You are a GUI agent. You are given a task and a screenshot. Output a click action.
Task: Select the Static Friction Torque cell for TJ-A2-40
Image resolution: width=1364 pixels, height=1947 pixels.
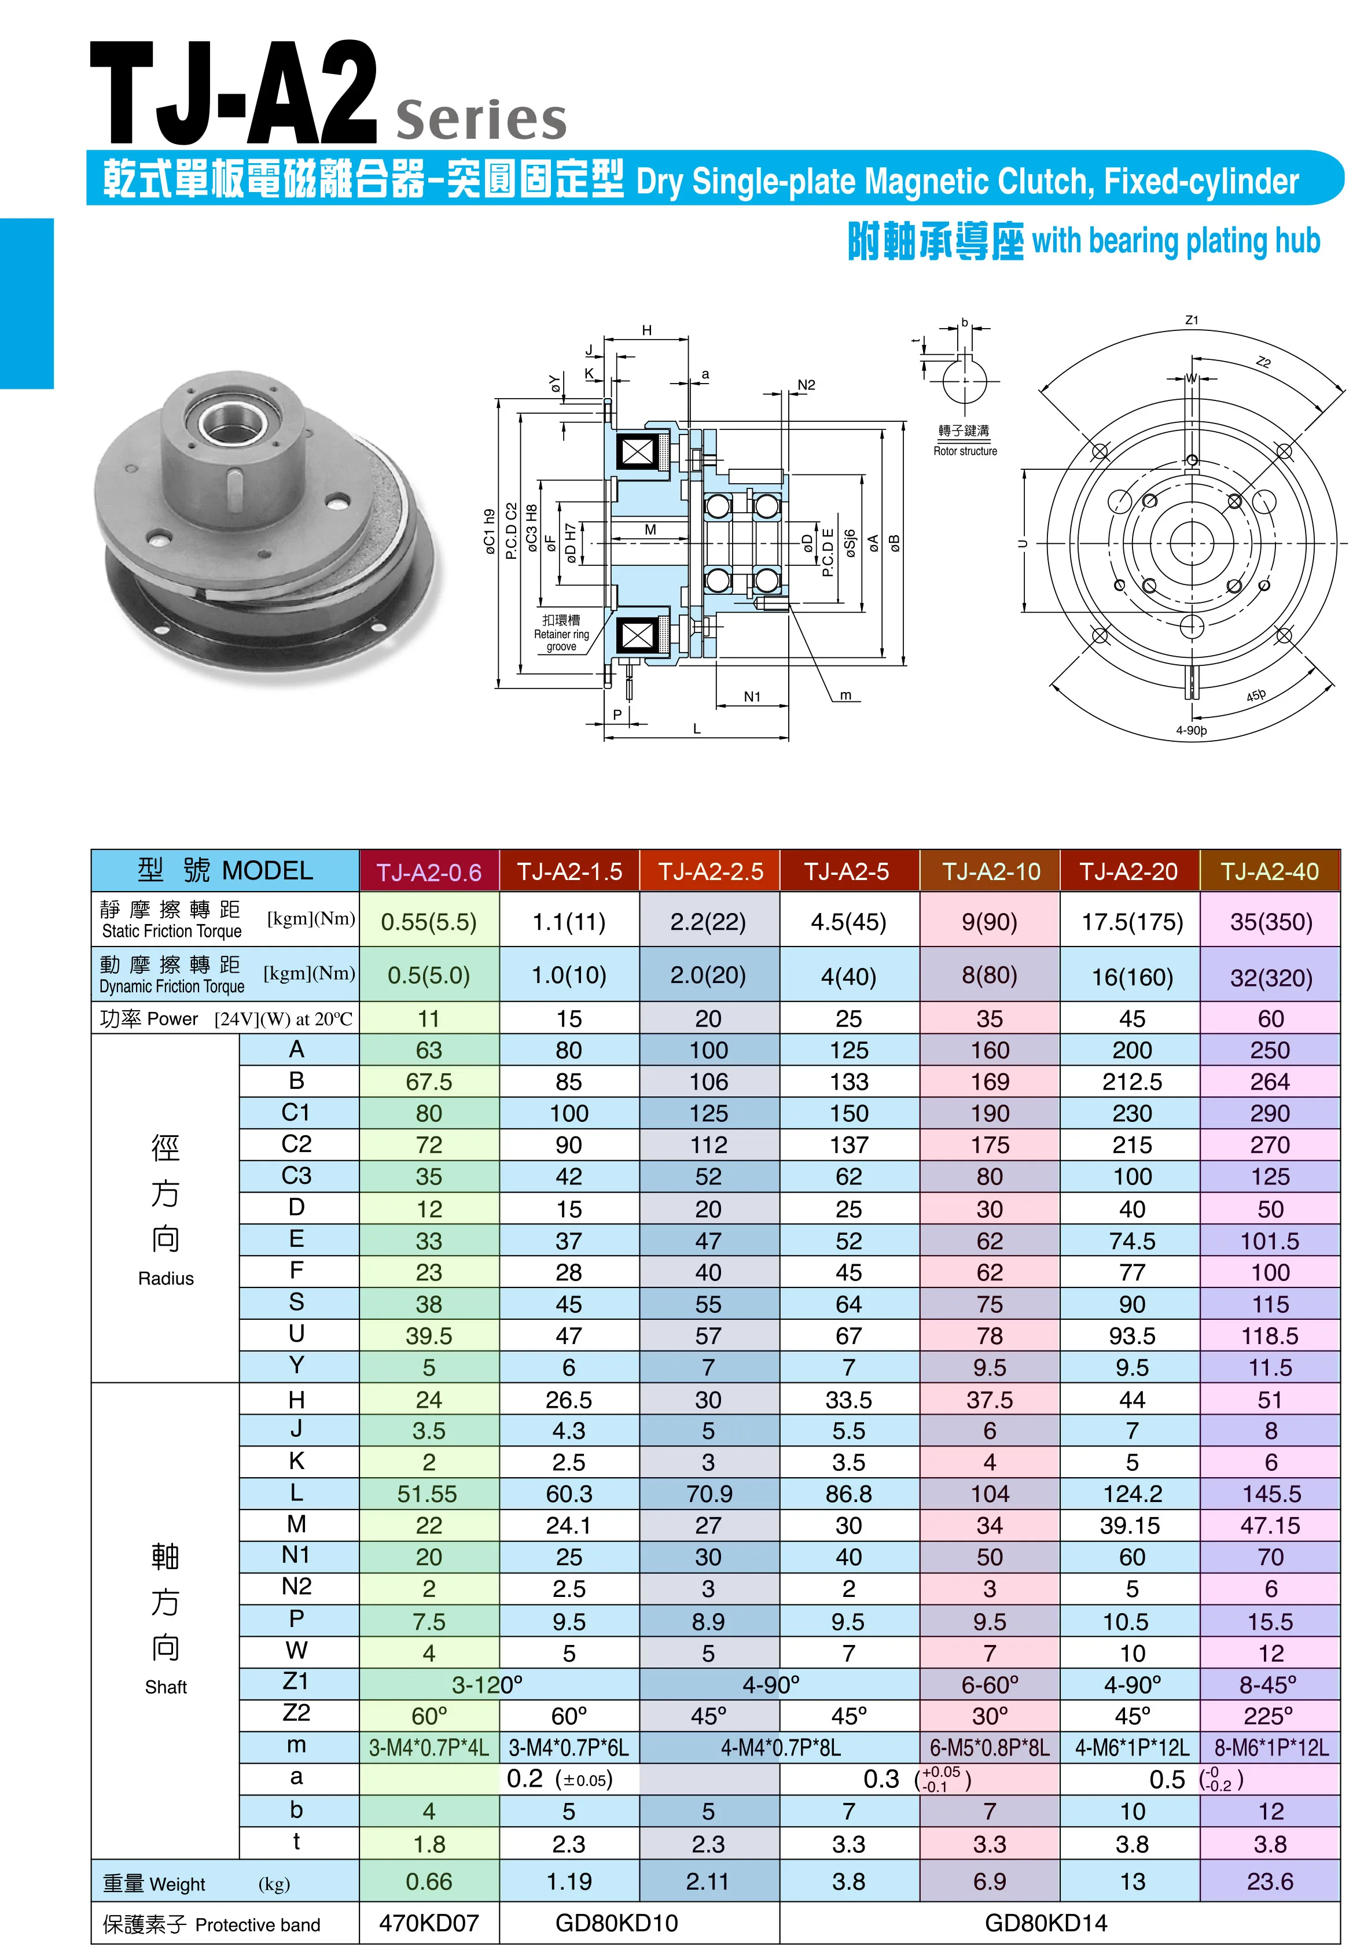tap(1270, 921)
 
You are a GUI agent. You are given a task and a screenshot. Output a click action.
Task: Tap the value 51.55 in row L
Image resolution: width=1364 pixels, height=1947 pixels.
tap(428, 1493)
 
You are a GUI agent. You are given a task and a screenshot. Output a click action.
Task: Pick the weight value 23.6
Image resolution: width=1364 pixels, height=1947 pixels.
tap(1270, 1881)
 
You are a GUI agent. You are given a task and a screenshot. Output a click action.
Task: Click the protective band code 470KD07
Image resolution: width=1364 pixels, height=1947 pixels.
tap(428, 1922)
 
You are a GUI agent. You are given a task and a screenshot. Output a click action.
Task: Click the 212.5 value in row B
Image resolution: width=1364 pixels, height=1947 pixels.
tap(1131, 1081)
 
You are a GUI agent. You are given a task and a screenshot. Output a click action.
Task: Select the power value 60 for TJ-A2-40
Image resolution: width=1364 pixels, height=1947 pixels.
tap(1270, 1018)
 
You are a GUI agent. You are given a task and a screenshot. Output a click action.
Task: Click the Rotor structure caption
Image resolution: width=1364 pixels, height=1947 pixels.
tap(965, 451)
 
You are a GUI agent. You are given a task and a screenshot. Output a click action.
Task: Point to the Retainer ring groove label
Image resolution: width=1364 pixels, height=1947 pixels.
tap(561, 634)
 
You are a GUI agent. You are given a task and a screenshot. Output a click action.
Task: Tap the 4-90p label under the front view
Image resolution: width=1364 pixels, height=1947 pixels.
tap(1190, 730)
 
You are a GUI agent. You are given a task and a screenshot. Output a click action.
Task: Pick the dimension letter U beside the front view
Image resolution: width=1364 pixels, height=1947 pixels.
tap(1023, 543)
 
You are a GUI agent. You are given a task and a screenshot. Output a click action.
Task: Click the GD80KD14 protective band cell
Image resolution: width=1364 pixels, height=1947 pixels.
tap(1045, 1922)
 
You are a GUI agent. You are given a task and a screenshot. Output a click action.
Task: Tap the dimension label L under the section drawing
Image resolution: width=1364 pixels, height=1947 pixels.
tap(696, 728)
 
